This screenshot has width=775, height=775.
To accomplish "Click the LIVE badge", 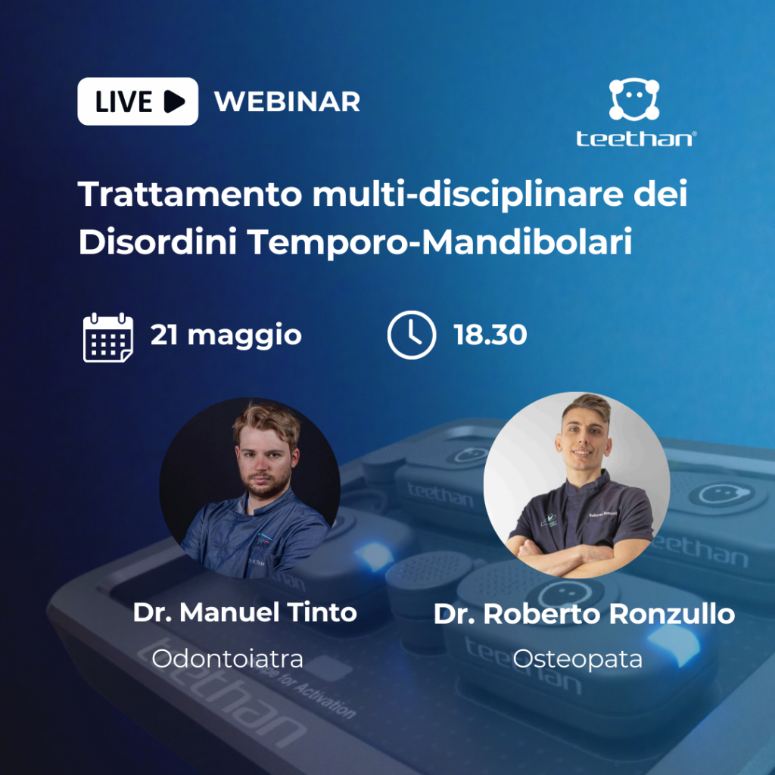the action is coord(138,101).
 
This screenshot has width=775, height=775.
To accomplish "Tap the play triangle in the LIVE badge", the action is coord(174,101).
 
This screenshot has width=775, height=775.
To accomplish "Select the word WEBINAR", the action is coord(287,102).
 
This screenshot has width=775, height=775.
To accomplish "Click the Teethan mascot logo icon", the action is coord(634,99).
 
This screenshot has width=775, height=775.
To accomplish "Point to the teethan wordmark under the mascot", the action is coord(636,139).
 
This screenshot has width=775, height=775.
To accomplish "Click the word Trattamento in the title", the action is coord(190,194).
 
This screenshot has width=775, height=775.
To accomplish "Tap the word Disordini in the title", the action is coord(157,241).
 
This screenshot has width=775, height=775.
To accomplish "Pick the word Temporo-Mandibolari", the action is coord(440,242).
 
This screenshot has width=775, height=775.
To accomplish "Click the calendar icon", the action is coord(108,338).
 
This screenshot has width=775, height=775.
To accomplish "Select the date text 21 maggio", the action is coord(226,335).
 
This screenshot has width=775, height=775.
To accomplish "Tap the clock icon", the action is coord(412,335).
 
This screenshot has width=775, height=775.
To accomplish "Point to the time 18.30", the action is coord(490,335).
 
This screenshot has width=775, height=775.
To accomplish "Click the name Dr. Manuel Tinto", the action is coord(244,612).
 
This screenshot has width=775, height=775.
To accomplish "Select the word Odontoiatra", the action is coord(227,658).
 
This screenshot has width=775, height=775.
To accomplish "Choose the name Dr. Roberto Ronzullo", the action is coord(584,614).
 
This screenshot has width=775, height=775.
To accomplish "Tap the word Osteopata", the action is coord(577,659).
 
